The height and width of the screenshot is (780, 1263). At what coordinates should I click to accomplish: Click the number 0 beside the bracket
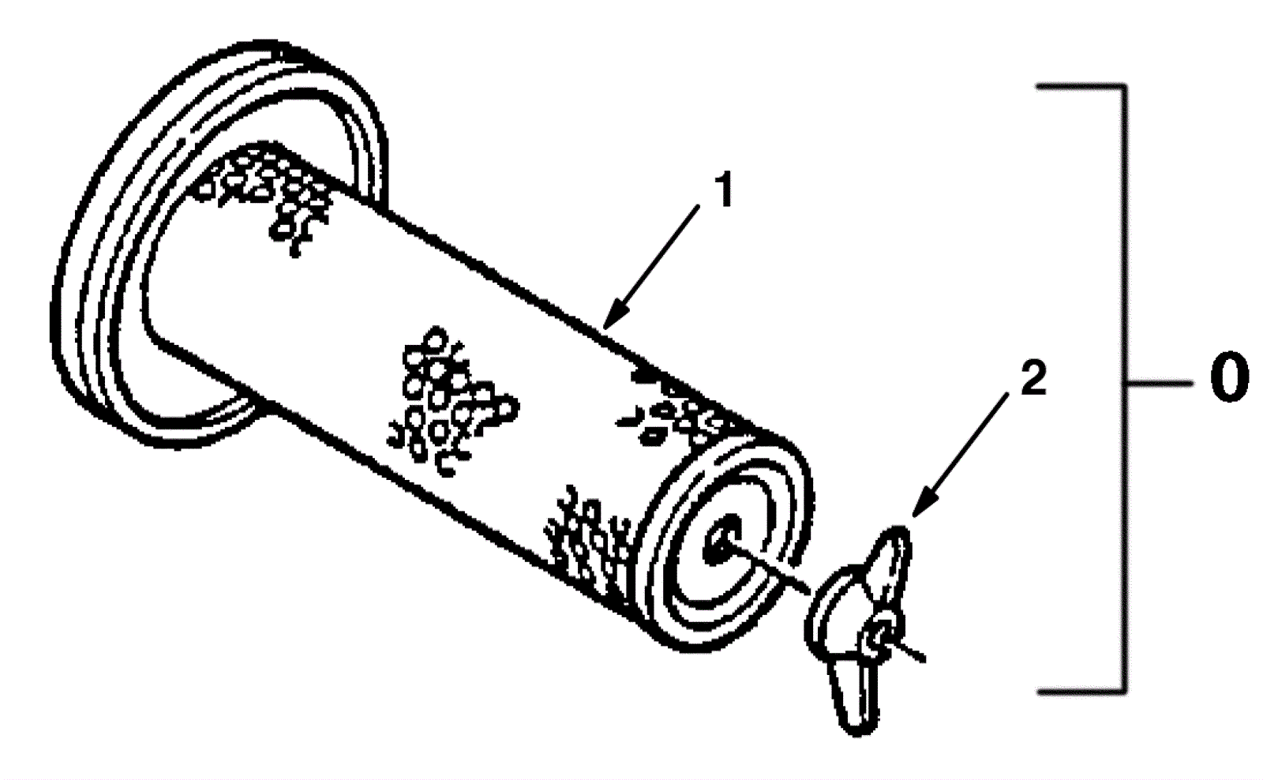[1228, 381]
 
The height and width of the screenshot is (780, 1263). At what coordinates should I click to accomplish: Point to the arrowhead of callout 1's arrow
[606, 324]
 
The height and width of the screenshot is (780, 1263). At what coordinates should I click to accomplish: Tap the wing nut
[860, 624]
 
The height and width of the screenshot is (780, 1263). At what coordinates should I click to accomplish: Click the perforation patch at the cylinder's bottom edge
[588, 545]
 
